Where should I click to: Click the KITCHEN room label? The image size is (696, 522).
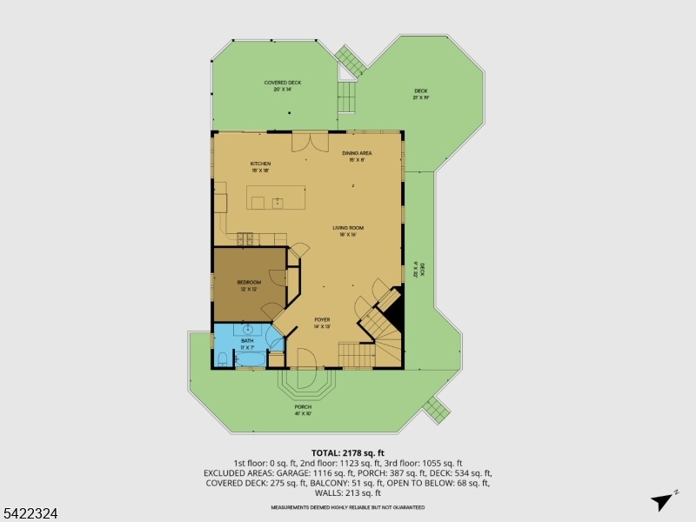pos(260,164)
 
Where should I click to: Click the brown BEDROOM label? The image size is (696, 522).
pos(249,283)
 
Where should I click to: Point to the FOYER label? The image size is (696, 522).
pos(322,320)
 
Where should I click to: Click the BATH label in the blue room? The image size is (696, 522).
pos(247,341)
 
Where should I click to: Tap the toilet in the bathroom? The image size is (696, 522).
pos(223,358)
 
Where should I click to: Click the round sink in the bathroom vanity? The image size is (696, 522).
pos(249,330)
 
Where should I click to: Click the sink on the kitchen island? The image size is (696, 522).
pos(277,203)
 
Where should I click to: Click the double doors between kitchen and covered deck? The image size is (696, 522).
pos(310,139)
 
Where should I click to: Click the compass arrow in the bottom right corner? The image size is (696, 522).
pos(664,500)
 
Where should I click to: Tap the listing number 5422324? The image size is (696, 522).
pos(30,513)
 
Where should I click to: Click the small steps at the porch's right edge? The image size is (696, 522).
pos(434,406)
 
